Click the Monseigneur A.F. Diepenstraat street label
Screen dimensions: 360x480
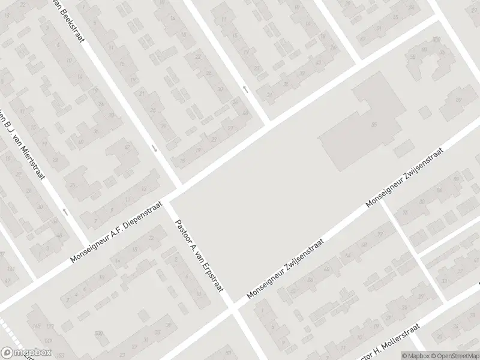click(x=117, y=231)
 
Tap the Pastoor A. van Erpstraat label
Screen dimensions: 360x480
click(x=199, y=255)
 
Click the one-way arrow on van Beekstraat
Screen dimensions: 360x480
click(x=154, y=148)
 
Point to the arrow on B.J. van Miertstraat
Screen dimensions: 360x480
click(x=65, y=211)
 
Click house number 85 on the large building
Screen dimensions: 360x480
click(x=374, y=125)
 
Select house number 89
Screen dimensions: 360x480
click(x=458, y=100)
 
